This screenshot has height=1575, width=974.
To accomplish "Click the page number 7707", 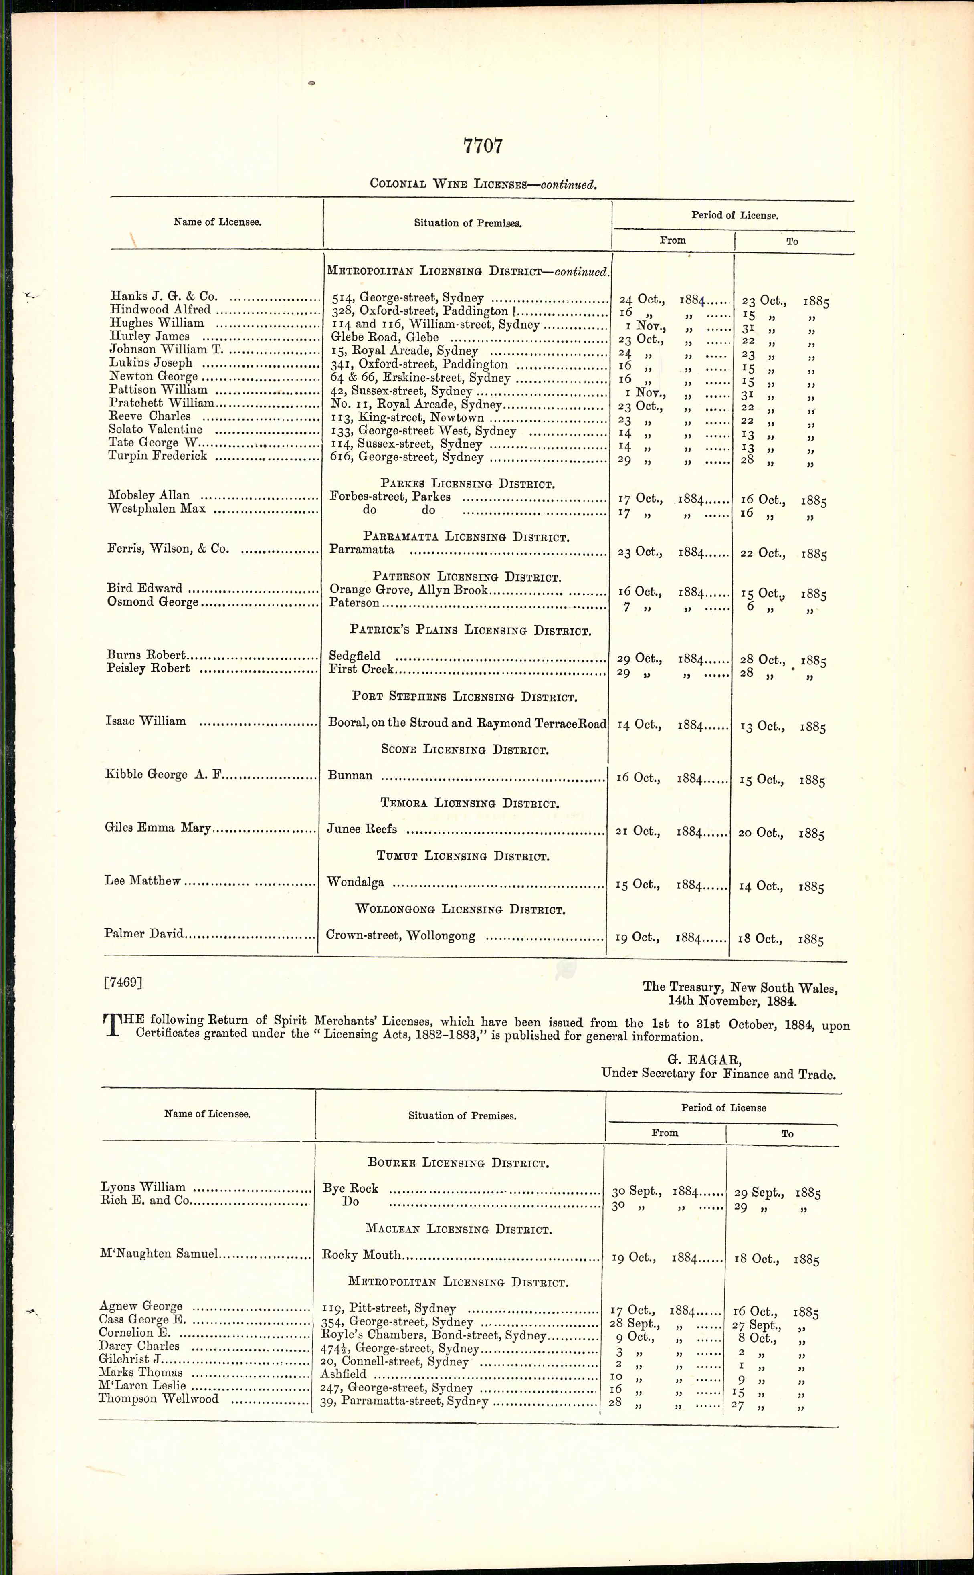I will click(x=483, y=146).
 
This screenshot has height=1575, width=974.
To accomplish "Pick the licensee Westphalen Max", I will click(x=157, y=509).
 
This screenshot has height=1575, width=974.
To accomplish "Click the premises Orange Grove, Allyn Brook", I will click(x=409, y=590).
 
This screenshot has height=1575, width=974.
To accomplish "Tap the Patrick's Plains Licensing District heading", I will click(x=470, y=630).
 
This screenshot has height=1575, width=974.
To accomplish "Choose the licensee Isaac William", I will click(x=145, y=721).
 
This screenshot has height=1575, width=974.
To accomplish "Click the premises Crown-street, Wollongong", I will click(x=401, y=936).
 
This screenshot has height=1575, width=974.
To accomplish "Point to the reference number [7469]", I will click(x=122, y=983).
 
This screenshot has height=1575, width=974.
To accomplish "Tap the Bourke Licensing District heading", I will click(x=458, y=1163).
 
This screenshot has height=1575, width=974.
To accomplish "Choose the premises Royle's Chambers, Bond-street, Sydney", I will click(x=434, y=1335).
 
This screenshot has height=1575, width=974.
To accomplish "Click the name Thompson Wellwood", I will click(x=158, y=1399).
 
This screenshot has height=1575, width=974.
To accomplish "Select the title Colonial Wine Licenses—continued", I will click(x=483, y=184).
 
